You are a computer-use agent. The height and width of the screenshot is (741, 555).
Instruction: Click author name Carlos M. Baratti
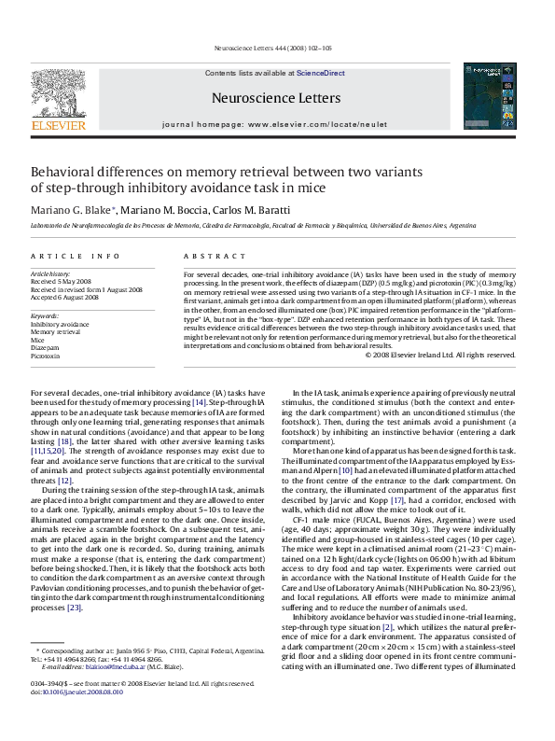coord(257,209)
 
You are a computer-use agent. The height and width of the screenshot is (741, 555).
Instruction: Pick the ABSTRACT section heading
coord(208,255)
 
